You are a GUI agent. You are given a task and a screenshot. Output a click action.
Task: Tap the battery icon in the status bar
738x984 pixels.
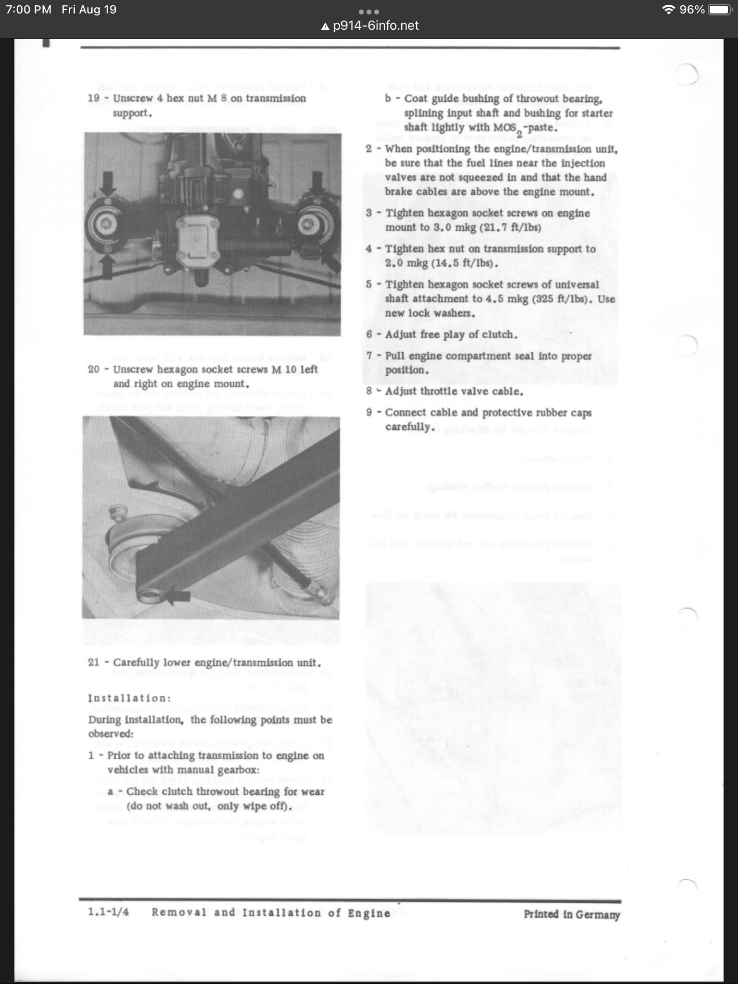coord(720,10)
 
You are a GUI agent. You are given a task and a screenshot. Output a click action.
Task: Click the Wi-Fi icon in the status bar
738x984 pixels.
coord(668,10)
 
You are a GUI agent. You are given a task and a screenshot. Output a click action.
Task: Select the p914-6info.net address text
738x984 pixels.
coord(376,25)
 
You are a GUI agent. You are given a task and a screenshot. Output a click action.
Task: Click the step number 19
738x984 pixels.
coord(94,98)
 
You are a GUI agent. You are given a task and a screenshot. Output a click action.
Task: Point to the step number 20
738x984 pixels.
coord(94,369)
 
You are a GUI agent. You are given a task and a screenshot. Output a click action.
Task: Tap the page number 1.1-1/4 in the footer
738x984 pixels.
coord(109,912)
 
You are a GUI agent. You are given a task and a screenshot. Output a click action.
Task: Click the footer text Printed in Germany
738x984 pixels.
coord(572,914)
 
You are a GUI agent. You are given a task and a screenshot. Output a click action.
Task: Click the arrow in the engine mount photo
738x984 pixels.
coord(178,597)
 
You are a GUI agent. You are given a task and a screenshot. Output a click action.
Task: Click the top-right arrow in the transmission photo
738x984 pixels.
coord(317,183)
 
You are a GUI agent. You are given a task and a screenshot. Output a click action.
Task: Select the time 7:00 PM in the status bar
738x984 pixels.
coord(28,10)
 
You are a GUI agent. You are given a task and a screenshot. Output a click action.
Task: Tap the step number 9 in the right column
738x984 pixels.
coord(369,413)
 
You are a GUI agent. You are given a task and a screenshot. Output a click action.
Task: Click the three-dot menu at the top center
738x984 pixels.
coord(369,12)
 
